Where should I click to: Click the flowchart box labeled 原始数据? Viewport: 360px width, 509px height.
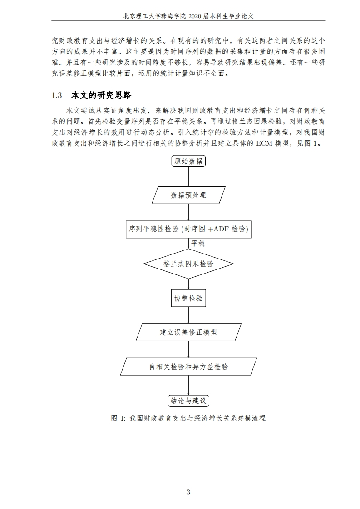[188, 161]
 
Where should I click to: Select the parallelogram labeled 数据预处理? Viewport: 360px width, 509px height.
[188, 196]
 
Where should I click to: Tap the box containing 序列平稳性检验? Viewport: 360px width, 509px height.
[188, 229]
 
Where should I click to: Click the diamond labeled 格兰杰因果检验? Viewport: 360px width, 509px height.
[188, 264]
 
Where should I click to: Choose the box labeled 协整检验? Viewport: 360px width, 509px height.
[188, 298]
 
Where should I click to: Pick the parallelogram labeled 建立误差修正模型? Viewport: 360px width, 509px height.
[188, 332]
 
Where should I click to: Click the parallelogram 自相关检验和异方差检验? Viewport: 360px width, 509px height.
[188, 367]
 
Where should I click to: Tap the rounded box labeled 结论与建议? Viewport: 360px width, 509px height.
[188, 401]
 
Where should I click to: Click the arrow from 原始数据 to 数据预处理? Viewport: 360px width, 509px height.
[188, 176]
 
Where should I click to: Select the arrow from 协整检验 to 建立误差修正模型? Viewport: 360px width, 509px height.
[188, 315]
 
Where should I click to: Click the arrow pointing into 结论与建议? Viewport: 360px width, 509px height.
[188, 385]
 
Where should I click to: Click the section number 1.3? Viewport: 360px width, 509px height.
[57, 95]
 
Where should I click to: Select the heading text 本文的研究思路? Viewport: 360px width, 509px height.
[101, 95]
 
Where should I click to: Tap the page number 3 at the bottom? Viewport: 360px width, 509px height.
[188, 492]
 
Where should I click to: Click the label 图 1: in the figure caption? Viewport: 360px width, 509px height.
[118, 418]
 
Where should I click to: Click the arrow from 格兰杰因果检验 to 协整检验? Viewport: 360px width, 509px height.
[188, 284]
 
